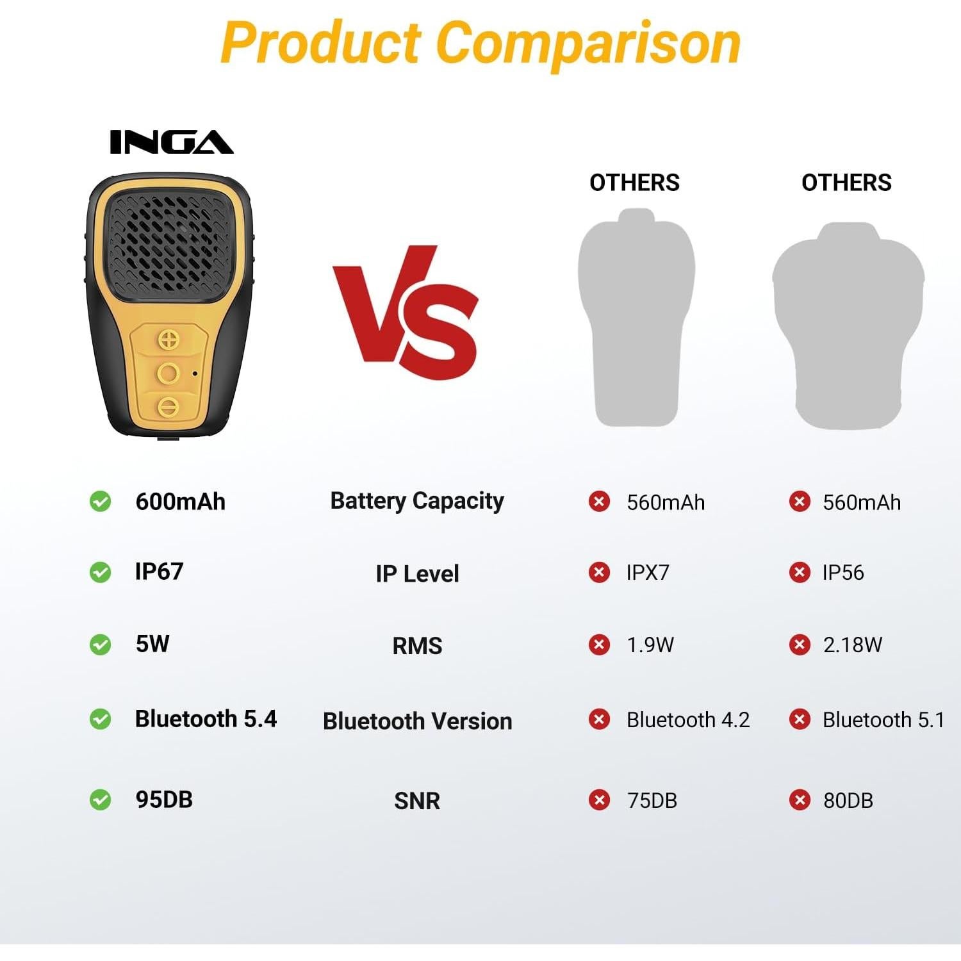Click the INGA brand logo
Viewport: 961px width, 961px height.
click(x=171, y=142)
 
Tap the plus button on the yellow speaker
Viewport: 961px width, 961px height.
click(x=168, y=340)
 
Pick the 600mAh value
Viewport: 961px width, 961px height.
click(x=180, y=501)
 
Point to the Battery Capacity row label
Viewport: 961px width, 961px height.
click(x=417, y=500)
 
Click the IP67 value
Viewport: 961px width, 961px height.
click(x=159, y=571)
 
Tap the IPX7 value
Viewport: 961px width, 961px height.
click(x=648, y=572)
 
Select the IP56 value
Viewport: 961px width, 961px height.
click(x=843, y=572)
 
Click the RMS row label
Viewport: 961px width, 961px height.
click(x=417, y=645)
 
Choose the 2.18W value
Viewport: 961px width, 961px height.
click(x=852, y=645)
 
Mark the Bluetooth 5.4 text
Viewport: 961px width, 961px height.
click(x=206, y=719)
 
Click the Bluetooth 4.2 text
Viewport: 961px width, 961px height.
click(x=687, y=719)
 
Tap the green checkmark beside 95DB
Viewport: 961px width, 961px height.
click(x=100, y=800)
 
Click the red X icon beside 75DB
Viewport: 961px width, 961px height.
click(x=599, y=800)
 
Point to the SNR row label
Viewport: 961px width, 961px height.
click(x=417, y=801)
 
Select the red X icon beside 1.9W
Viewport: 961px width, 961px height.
click(x=599, y=645)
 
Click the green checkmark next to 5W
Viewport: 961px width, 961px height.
click(x=100, y=645)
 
